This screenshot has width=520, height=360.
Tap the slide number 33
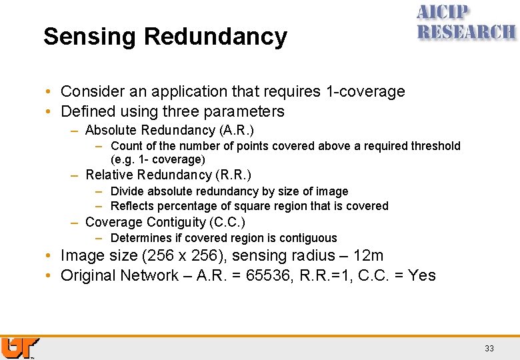point(489,348)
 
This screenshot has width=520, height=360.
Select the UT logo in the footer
point(20,348)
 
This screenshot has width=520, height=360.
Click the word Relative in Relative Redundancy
point(109,175)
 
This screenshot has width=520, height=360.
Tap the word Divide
point(127,191)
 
